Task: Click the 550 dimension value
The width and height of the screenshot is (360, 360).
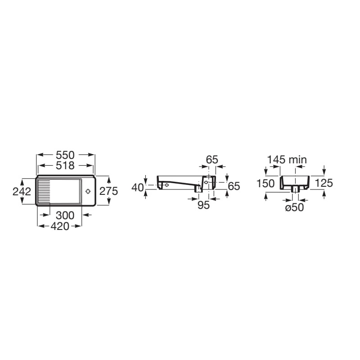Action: pyautogui.click(x=65, y=155)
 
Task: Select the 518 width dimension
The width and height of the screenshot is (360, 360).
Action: pyautogui.click(x=65, y=166)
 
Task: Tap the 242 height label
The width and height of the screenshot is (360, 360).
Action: pyautogui.click(x=22, y=192)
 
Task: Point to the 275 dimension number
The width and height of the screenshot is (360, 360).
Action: pyautogui.click(x=108, y=191)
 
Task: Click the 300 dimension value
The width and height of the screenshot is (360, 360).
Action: pyautogui.click(x=65, y=216)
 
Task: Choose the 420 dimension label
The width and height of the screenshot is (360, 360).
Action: pyautogui.click(x=60, y=226)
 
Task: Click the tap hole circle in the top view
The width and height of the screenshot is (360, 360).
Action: pyautogui.click(x=88, y=191)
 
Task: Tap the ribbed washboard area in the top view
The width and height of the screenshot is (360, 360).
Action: pyautogui.click(x=44, y=191)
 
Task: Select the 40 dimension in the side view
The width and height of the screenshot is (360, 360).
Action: pyautogui.click(x=138, y=188)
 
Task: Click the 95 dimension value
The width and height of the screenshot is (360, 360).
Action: pyautogui.click(x=203, y=205)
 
